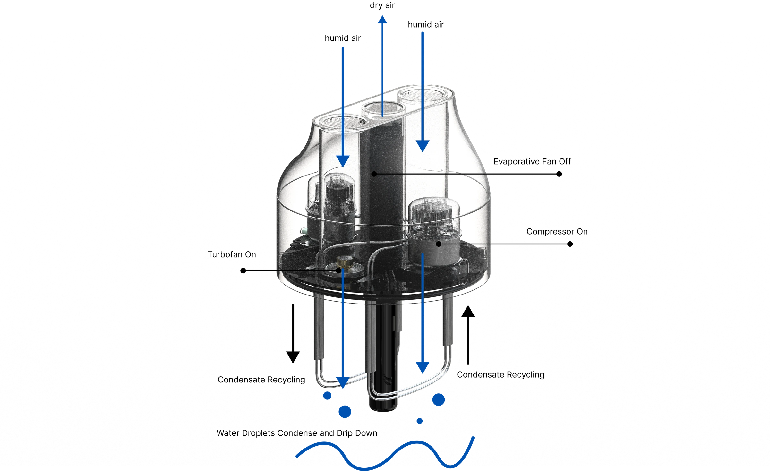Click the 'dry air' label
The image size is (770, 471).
point(382,5)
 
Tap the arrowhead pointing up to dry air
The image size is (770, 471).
point(382,20)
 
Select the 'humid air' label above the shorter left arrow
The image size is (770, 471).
point(343,38)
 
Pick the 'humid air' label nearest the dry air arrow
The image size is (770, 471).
point(426,25)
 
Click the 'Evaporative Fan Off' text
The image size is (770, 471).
point(532,161)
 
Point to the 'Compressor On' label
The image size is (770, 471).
point(557,232)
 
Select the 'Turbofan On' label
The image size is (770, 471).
point(232,254)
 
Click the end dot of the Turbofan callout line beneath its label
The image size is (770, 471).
point(243,271)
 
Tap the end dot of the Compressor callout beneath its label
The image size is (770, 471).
point(570,244)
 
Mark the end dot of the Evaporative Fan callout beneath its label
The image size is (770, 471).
point(559,174)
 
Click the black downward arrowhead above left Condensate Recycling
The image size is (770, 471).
point(293,357)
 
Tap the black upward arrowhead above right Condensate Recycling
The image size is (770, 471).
point(468,311)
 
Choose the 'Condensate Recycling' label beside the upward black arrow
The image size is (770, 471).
point(501,375)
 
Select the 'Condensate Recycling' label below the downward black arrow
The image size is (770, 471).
point(261,380)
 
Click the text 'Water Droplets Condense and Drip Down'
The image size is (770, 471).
point(297,433)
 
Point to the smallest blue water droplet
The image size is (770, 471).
point(420,421)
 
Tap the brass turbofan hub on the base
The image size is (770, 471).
point(344,261)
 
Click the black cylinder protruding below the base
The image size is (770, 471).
point(383,356)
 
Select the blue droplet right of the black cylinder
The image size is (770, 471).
point(439,400)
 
